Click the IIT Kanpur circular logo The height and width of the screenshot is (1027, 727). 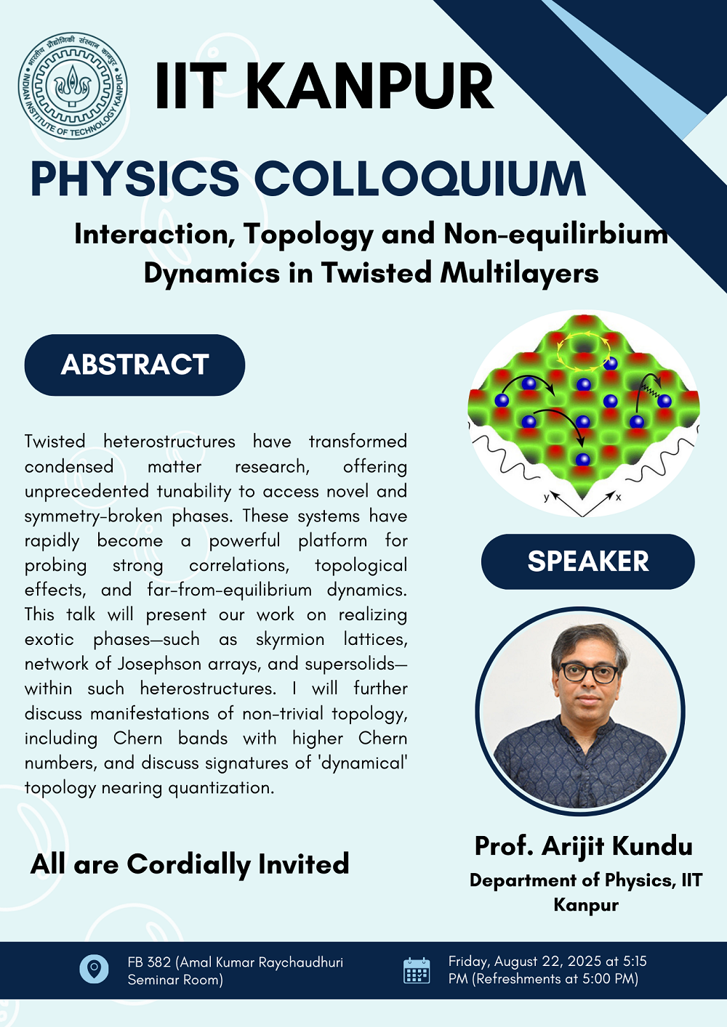point(73,86)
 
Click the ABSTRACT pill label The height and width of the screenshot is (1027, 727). point(134,365)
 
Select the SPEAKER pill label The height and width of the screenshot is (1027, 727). point(588,561)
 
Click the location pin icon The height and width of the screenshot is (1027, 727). point(94,969)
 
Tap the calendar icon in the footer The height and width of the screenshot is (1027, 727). point(417,970)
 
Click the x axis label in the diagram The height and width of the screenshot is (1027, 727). point(618,497)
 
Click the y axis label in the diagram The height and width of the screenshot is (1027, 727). point(546,498)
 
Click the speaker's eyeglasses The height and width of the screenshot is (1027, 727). point(590,673)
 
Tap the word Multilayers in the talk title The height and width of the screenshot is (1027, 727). point(519,273)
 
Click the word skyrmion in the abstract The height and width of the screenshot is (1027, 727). point(289,639)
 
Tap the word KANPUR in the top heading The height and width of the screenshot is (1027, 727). point(373,86)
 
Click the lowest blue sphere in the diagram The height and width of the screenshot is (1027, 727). point(582,459)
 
